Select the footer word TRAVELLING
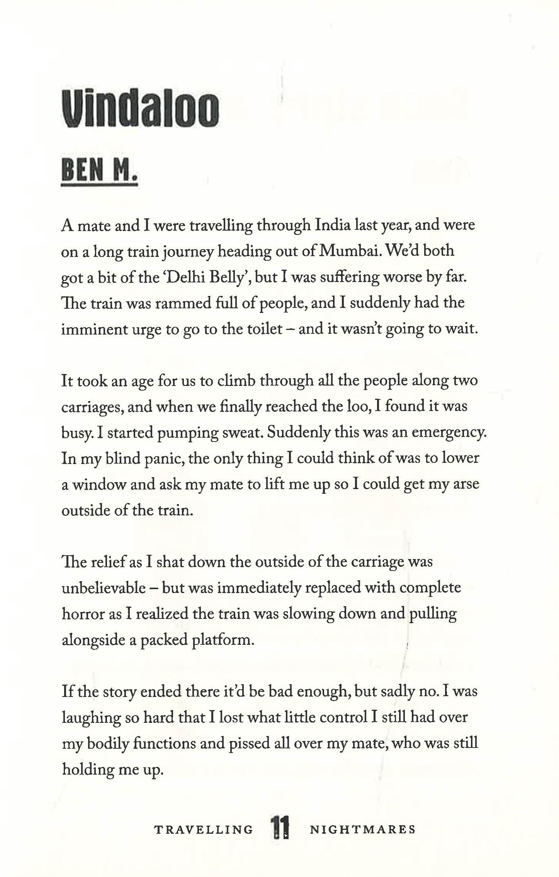203,829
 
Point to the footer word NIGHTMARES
363,829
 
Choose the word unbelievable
103,588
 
